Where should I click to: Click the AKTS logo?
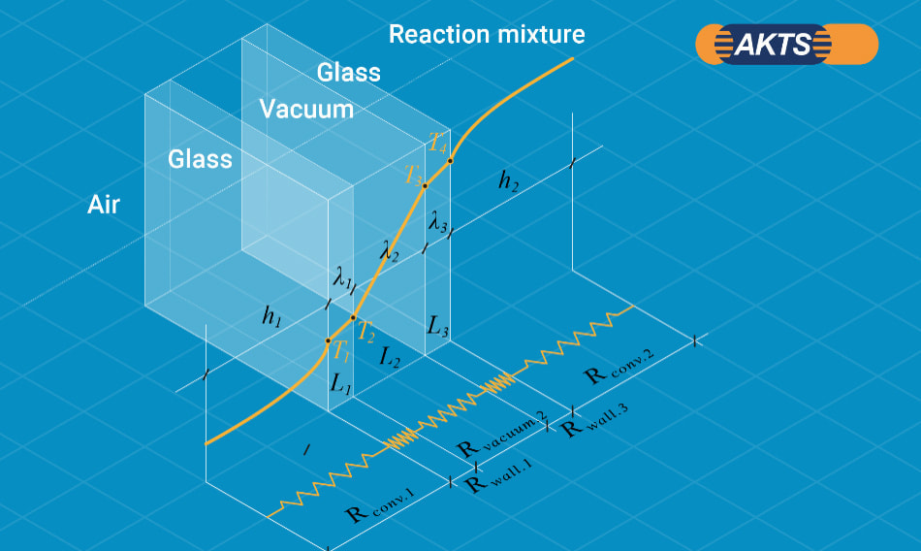(786, 45)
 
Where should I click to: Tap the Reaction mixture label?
(487, 35)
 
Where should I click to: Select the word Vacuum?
(306, 109)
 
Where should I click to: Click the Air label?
(104, 205)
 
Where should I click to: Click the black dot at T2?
(353, 317)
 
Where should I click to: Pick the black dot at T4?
(450, 160)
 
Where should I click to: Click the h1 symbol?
(272, 314)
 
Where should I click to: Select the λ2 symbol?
(390, 249)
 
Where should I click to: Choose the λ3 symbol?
(438, 222)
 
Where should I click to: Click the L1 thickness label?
(340, 382)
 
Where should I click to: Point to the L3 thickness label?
(437, 326)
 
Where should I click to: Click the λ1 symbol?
(342, 280)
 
